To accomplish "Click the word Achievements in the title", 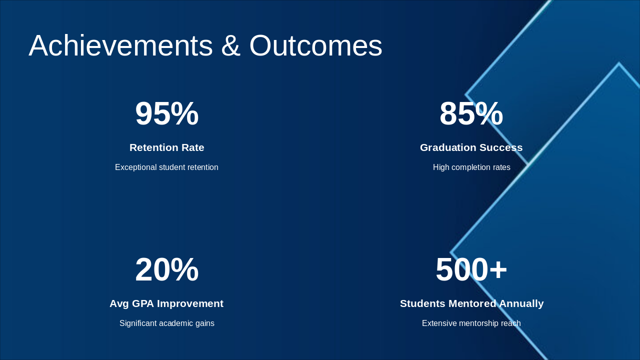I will (x=120, y=45).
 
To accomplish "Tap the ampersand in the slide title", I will (x=230, y=45).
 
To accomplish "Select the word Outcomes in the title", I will (x=315, y=45).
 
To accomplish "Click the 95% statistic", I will (x=166, y=113).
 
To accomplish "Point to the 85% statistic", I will (x=471, y=113).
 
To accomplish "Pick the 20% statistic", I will (x=166, y=269).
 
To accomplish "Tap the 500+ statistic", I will (x=471, y=269).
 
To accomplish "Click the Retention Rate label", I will (x=166, y=147).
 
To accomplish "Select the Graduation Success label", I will (x=471, y=147).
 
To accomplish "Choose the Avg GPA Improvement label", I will (x=166, y=303).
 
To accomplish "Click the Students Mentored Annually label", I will (x=471, y=303).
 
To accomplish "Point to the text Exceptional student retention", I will (x=166, y=167).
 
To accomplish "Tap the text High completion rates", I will (x=471, y=167).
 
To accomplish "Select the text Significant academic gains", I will (x=166, y=323).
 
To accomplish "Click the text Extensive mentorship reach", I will (x=471, y=323).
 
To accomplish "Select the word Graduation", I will (x=445, y=147).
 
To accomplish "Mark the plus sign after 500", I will (x=498, y=270).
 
